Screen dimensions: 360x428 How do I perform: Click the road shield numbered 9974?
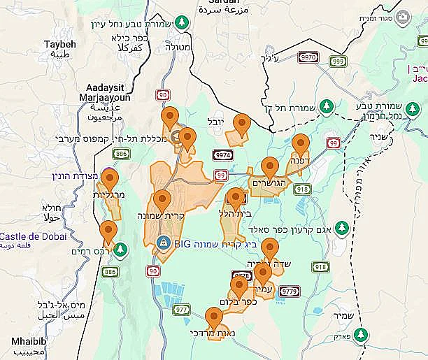223,154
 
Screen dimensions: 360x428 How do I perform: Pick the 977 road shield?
181,308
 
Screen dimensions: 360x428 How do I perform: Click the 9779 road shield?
289,290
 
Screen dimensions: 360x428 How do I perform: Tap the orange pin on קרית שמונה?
162,201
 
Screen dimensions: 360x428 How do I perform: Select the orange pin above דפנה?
300,145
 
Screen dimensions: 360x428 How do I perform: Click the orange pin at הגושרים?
270,168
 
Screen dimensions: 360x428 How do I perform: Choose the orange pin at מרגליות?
110,180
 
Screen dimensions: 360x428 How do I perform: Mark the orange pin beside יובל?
242,125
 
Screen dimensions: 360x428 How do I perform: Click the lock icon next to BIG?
164,243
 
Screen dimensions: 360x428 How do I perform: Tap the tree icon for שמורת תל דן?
324,106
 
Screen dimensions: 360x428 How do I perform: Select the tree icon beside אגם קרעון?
341,227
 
